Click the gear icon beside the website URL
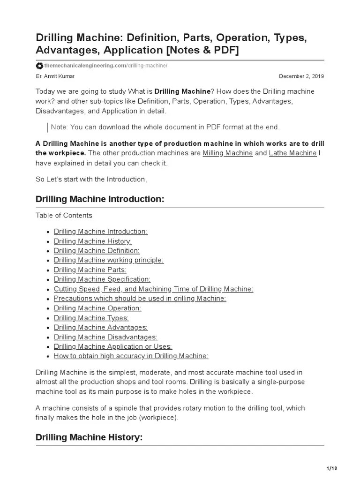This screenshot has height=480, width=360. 40,66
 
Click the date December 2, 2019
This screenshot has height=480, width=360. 301,76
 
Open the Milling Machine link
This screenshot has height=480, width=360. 227,153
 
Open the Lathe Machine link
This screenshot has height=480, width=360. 292,153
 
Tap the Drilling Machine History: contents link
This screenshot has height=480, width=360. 93,241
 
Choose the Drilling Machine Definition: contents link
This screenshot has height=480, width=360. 97,251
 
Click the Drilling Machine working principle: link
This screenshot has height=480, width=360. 109,260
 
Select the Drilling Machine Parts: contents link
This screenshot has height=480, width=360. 90,270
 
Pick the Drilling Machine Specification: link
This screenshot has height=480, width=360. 102,279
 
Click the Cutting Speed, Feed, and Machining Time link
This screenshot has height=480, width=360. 153,289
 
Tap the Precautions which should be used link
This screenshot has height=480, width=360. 140,299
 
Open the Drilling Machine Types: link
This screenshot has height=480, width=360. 91,318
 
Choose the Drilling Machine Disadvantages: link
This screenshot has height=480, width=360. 105,337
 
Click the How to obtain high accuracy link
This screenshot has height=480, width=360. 131,356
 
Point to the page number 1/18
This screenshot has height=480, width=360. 331,468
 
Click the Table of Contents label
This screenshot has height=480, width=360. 64,216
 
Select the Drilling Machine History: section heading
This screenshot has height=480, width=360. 89,437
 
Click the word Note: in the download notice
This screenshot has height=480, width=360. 59,127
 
